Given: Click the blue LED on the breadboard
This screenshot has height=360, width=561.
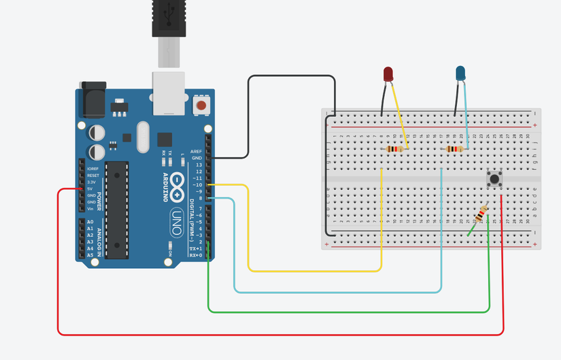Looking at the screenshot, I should [x=460, y=73].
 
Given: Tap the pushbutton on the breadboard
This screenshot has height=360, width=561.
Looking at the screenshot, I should [x=494, y=180].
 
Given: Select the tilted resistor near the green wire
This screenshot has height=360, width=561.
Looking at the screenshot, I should [x=481, y=214].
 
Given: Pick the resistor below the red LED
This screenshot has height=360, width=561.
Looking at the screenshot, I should [x=395, y=149].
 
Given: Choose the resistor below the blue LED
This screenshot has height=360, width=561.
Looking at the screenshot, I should [x=454, y=149].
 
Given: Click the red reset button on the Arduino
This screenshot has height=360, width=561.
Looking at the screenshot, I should [x=201, y=105].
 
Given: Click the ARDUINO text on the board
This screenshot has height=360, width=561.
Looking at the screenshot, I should [x=165, y=188].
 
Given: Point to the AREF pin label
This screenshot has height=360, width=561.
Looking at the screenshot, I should [x=196, y=151].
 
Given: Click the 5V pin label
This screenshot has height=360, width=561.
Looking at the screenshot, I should [x=90, y=189].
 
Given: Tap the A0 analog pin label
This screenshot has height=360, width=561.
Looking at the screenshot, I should [x=90, y=222].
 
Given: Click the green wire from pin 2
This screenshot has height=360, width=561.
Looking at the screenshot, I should [x=347, y=312].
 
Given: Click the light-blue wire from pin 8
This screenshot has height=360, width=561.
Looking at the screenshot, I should [x=340, y=292].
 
